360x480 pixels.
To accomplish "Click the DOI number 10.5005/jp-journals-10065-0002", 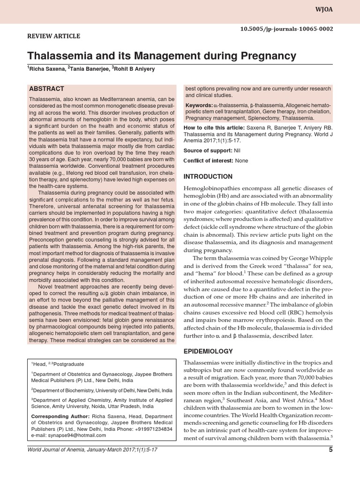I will [287, 29].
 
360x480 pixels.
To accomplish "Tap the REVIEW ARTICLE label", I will [53, 36].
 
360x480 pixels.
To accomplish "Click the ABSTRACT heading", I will [46, 89].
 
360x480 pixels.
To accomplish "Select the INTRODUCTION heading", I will [208, 177].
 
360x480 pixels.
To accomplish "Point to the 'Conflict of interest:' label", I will [207, 161].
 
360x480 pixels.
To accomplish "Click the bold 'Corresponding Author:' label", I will [60, 416].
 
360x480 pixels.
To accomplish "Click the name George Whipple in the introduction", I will [310, 258].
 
